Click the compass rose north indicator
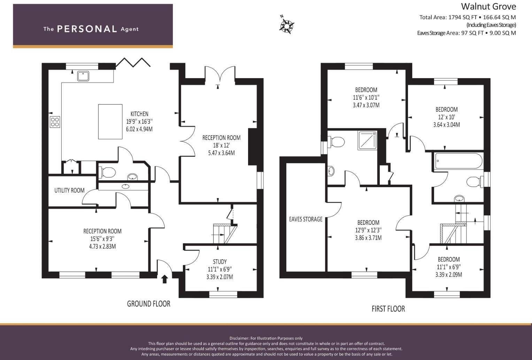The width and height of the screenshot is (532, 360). tap(287, 25)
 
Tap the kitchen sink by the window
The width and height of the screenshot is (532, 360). tap(83, 76)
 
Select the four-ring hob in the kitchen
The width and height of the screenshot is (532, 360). tap(55, 122)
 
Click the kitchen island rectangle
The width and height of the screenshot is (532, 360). tap(110, 122)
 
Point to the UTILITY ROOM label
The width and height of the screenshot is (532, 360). tap(69, 190)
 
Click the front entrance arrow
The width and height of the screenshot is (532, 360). tap(164, 279)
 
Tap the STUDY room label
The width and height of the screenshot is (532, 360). tap(219, 262)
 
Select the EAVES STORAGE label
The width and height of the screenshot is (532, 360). tap(306, 219)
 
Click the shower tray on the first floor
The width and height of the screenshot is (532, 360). tap(367, 140)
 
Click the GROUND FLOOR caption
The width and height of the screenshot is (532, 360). tap(148, 304)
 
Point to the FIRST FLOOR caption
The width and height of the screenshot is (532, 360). tap(388, 309)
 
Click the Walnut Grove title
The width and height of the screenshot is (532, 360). tap(488, 6)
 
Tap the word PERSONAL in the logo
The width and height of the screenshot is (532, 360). tap(87, 29)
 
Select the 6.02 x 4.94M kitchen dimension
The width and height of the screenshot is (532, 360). tap(139, 129)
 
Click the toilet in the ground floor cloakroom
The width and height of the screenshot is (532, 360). tap(108, 172)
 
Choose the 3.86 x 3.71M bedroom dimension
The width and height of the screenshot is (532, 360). tap(368, 238)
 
